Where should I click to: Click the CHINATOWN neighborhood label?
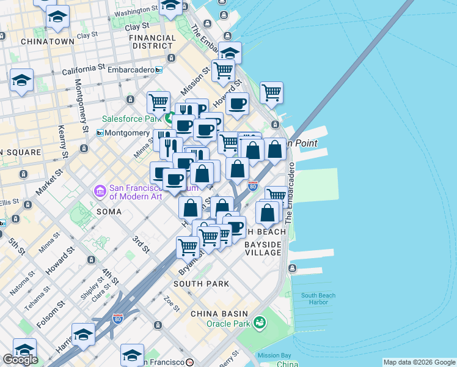[47, 42]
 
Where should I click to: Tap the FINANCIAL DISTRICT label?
[153, 42]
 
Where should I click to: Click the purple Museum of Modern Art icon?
[100, 191]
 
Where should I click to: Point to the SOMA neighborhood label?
[108, 211]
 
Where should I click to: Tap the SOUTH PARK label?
[201, 284]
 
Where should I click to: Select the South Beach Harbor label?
[318, 299]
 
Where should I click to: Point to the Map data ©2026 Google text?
[419, 362]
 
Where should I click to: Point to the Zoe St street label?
[171, 303]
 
